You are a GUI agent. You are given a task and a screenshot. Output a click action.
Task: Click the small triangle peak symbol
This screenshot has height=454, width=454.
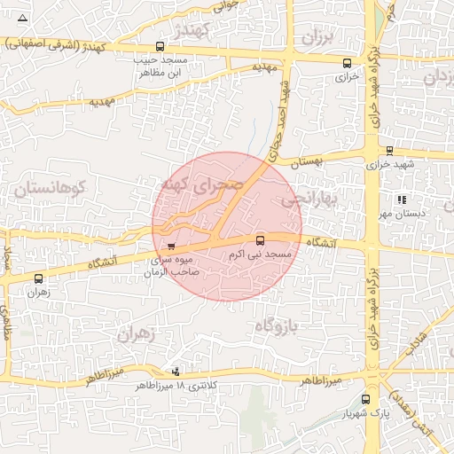22,18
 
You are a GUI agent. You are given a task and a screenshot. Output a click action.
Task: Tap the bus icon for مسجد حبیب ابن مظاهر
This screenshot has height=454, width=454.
160,46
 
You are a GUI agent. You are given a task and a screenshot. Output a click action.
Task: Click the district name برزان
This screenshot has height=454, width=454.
316,36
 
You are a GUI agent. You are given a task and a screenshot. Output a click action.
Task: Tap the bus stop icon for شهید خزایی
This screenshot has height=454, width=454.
389,152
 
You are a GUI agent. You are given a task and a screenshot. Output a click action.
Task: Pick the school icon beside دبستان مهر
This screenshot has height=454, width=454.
402,200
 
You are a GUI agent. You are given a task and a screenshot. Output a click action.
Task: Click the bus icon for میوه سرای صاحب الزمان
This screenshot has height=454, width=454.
171,246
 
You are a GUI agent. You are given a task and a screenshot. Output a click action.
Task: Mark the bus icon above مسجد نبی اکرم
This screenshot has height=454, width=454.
260,240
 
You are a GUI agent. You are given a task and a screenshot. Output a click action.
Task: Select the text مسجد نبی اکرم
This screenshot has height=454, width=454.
260,254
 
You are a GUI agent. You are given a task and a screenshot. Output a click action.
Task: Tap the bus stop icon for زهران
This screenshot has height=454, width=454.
37,278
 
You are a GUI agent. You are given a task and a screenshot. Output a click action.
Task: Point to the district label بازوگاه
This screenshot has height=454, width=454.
274,327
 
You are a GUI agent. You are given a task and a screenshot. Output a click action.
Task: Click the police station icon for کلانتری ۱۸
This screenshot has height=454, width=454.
176,372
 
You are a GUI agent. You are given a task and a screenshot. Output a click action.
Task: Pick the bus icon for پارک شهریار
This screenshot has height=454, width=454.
365,400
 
